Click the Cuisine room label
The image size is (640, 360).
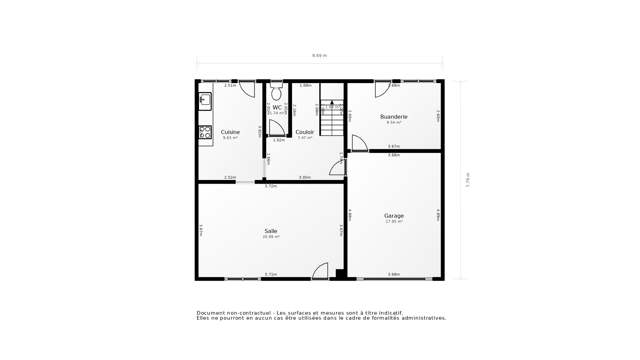click(x=230, y=132)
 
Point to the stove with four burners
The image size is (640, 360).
click(x=205, y=132)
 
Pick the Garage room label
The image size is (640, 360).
click(x=394, y=216)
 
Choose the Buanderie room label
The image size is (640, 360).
click(x=394, y=117)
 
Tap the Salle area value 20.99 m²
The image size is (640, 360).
click(x=271, y=237)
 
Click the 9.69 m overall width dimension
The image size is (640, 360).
click(x=319, y=56)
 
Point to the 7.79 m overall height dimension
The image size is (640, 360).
click(x=468, y=180)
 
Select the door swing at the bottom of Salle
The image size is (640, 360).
click(x=320, y=271)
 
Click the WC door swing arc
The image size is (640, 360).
click(x=277, y=128)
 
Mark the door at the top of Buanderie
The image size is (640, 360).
click(x=382, y=89)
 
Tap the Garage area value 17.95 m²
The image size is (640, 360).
click(x=394, y=221)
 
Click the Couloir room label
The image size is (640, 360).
click(x=305, y=132)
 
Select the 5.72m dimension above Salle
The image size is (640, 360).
click(x=271, y=186)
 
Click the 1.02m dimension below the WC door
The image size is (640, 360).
click(x=279, y=140)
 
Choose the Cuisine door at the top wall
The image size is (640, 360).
click(x=247, y=89)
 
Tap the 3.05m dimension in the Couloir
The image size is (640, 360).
click(x=305, y=177)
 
